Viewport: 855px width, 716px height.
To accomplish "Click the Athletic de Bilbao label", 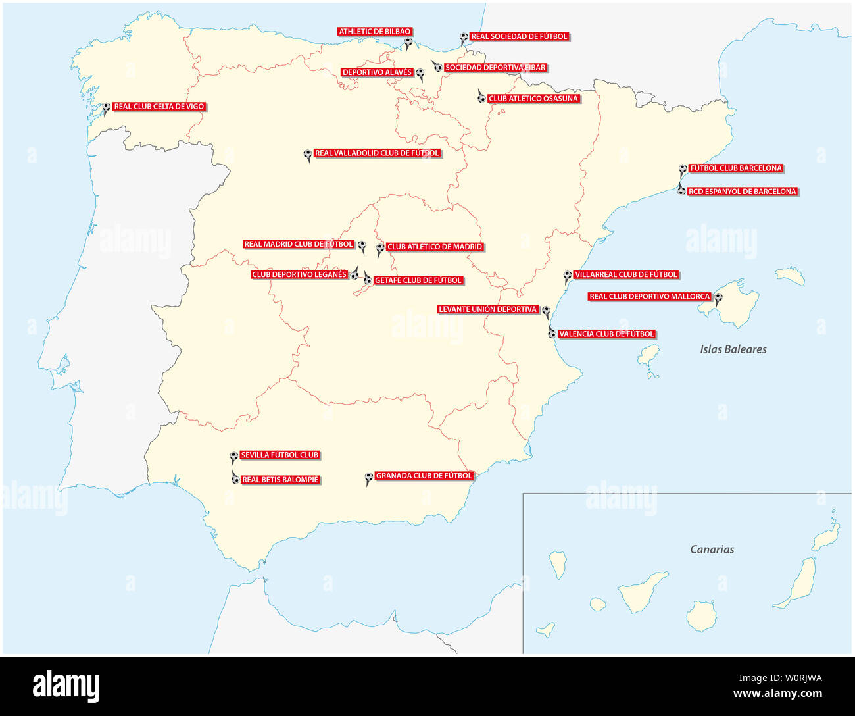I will click(375, 32).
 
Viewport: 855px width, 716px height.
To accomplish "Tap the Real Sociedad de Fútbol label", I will click(519, 37).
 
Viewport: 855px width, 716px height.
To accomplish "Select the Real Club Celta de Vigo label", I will click(159, 107).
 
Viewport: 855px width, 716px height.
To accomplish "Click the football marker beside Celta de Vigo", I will click(107, 107).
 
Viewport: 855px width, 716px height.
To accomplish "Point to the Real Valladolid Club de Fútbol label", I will click(377, 153).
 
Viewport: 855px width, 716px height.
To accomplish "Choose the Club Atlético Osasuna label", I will click(533, 99).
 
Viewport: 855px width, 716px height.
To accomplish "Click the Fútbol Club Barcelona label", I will click(735, 168).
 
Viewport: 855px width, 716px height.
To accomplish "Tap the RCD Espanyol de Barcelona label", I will click(742, 192).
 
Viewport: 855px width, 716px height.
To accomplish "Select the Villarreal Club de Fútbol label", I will click(625, 275).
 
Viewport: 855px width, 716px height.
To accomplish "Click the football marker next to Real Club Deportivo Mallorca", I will click(718, 297).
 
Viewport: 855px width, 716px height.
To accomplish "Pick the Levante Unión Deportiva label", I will click(488, 309).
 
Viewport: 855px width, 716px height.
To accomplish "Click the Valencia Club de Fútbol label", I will click(606, 334).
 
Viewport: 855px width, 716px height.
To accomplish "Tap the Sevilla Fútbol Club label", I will click(280, 455).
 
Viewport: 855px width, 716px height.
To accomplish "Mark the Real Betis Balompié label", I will click(280, 480).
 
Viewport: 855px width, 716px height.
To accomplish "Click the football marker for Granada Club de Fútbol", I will click(369, 477).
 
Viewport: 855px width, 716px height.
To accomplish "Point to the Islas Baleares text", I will click(733, 349).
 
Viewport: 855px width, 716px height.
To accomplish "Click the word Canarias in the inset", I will click(712, 549).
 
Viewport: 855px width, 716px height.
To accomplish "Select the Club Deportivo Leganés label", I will click(299, 275).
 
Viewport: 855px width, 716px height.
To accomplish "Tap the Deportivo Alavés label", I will click(377, 73).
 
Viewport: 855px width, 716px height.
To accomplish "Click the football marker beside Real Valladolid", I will click(307, 154).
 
